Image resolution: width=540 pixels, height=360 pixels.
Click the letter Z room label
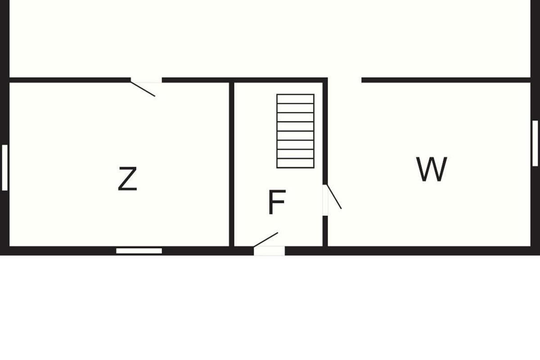(127, 179)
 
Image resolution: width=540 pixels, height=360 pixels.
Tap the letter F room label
(277, 202)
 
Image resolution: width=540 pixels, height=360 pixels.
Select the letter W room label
(432, 169)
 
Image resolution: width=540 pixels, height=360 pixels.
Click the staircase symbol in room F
(295, 131)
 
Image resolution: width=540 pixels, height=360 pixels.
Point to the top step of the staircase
(295, 99)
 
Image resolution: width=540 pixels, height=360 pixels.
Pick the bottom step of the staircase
(295, 163)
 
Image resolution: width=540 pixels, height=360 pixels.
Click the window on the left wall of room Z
(4, 167)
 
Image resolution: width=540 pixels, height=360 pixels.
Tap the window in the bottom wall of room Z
(139, 251)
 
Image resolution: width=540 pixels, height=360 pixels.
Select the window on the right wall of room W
(535, 143)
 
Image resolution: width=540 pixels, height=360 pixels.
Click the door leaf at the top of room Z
(143, 89)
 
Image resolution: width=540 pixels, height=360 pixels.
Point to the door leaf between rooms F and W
(334, 197)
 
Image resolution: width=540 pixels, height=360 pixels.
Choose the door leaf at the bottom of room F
(265, 240)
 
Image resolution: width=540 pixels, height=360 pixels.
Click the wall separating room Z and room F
(232, 164)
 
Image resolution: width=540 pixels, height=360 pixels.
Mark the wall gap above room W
(345, 80)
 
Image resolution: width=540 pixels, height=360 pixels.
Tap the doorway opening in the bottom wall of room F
(269, 251)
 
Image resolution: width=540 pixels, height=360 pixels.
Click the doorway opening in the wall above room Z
(146, 80)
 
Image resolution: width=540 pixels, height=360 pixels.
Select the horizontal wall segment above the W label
(446, 80)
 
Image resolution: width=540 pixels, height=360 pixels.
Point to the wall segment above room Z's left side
(70, 80)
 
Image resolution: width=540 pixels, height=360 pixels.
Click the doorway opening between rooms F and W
(325, 200)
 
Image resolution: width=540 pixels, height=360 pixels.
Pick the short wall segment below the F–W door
(325, 231)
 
